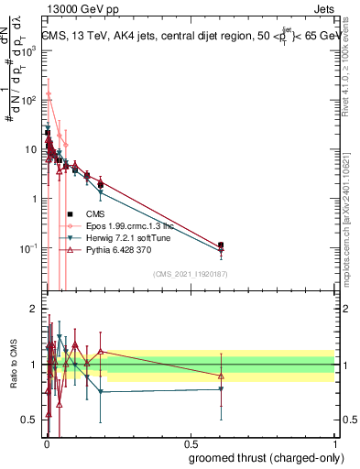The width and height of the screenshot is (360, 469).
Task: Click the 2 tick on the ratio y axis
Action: (x=33, y=309)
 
